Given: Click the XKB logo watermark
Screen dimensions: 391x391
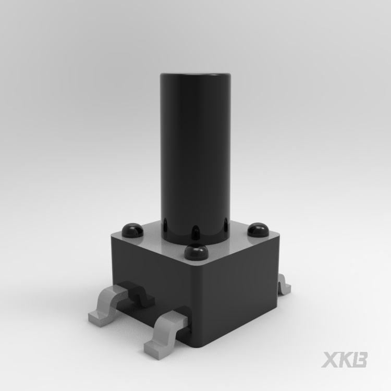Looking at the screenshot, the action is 344,360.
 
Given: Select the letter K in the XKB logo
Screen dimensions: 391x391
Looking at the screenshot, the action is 345,360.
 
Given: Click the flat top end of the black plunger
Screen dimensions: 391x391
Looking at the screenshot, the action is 195,75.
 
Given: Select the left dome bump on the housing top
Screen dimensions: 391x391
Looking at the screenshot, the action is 132,230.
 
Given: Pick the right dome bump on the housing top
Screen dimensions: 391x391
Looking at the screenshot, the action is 258,230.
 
